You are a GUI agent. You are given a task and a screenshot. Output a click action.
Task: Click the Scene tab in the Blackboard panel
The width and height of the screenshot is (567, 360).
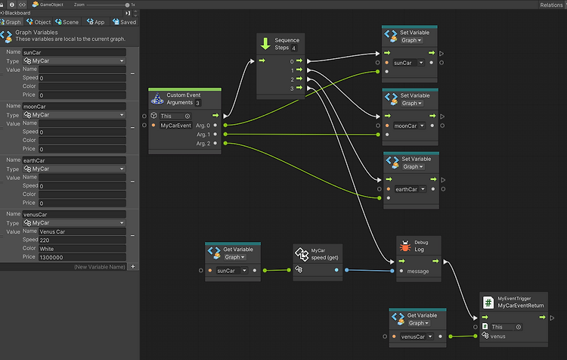click(x=67, y=22)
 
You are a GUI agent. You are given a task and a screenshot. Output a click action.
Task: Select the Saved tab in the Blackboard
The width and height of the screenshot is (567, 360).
click(x=125, y=22)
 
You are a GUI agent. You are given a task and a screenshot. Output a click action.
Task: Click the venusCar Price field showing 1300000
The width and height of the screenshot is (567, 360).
click(x=82, y=257)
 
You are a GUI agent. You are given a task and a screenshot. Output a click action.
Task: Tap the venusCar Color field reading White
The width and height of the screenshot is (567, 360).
click(x=82, y=248)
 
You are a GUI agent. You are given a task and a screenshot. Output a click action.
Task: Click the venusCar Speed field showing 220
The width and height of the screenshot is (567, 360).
click(x=82, y=240)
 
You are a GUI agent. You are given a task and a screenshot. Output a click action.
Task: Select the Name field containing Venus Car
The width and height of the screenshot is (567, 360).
click(x=82, y=231)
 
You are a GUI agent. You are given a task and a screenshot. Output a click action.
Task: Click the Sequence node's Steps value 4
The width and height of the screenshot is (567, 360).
click(x=293, y=48)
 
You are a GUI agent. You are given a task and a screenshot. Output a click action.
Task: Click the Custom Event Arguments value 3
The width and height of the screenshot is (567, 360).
click(x=197, y=103)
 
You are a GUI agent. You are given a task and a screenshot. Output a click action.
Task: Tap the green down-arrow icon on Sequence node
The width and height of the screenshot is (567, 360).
click(x=265, y=44)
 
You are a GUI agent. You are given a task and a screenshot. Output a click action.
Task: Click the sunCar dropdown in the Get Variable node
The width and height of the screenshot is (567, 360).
click(x=232, y=270)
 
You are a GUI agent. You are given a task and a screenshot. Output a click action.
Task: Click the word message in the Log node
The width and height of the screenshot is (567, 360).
click(x=418, y=270)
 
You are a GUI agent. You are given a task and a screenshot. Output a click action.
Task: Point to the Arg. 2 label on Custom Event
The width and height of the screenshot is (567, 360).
click(x=202, y=143)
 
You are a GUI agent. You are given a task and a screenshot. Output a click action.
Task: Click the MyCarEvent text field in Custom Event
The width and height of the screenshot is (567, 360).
click(x=176, y=125)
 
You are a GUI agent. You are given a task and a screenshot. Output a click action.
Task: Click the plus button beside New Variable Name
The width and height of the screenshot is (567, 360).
click(x=133, y=266)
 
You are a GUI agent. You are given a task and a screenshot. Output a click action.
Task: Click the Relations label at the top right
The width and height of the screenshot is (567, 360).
click(x=551, y=5)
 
